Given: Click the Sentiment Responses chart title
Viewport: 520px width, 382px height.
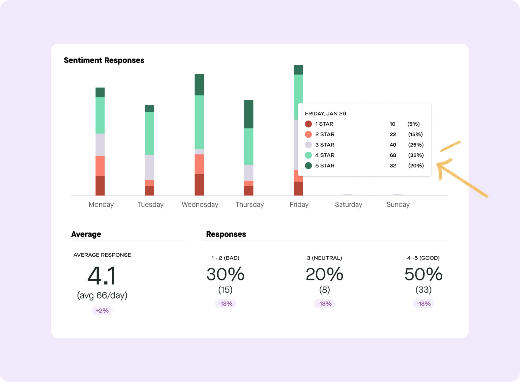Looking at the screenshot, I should coord(104,60).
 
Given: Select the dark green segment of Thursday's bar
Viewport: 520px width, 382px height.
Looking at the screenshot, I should coord(249,114).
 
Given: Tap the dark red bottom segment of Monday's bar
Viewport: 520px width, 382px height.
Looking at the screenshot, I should coord(100,186).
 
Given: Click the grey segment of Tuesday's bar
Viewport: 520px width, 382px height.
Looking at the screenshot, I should coord(149,167).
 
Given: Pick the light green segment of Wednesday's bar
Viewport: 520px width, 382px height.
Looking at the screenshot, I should coord(199,122).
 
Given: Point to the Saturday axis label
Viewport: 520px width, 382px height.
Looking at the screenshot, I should coord(348,205).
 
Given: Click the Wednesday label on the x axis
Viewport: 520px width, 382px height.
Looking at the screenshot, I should coord(200,205).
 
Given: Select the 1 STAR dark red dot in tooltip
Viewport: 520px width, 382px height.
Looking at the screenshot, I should coord(308,124).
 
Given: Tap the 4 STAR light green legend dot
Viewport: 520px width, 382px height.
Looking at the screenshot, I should coord(308,155).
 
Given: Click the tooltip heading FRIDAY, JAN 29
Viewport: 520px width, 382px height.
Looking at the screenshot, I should coord(325,114).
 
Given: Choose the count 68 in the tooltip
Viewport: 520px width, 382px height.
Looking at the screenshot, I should coord(393,155).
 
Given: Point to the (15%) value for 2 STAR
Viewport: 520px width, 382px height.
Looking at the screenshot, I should coord(415,134).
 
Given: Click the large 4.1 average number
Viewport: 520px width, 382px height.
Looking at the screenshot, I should coord(102,276).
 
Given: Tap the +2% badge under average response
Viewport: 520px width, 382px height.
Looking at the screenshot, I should coord(102,310).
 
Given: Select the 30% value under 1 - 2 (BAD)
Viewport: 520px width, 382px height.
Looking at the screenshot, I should coord(225,274).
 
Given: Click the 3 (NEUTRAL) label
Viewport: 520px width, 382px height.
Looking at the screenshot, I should coord(324,258).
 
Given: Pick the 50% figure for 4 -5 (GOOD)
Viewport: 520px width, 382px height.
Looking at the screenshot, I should coord(423,274).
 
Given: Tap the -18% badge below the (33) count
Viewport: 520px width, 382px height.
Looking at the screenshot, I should coord(423,304).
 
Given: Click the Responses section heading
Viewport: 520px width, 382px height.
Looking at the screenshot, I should coord(226,234).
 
